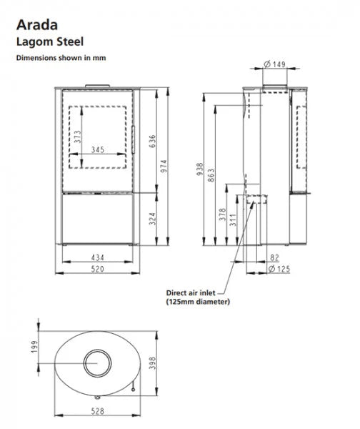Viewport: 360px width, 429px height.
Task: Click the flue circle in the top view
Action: pos(95,362)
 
